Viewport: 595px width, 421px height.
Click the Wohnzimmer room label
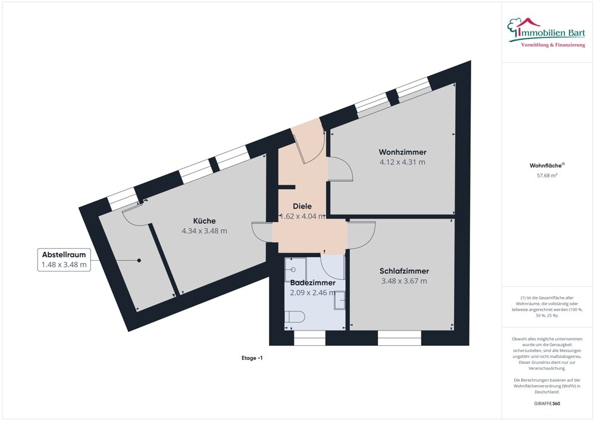[402, 152]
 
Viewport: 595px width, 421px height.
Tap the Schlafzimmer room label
[404, 271]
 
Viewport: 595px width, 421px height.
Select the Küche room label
[204, 220]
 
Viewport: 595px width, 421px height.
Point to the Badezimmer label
[312, 283]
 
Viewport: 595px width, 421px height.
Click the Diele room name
[302, 206]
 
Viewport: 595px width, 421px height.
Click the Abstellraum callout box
[64, 260]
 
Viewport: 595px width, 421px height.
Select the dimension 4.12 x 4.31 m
[402, 162]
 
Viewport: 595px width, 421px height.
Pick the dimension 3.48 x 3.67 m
[404, 281]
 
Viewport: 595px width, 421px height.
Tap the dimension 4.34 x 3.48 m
[204, 231]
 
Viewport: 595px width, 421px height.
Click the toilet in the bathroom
[294, 317]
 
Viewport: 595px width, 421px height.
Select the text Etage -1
[252, 358]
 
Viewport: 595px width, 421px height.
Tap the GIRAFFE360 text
[547, 403]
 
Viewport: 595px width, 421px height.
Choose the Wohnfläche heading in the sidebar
[546, 166]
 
